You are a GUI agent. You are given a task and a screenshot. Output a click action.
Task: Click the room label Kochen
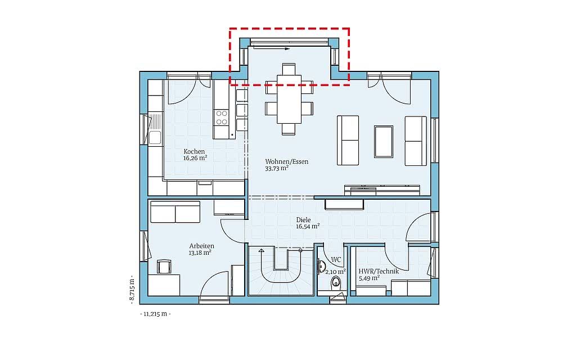(194, 152)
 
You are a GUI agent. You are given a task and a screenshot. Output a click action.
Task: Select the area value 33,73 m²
(277, 168)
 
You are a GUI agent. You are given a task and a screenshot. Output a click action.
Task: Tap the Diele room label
(304, 220)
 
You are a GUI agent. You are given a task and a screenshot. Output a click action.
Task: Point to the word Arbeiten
(201, 246)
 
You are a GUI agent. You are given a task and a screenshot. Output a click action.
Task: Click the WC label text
(336, 260)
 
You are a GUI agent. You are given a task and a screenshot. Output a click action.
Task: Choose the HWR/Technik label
(379, 271)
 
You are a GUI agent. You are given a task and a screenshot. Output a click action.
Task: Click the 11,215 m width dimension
(155, 314)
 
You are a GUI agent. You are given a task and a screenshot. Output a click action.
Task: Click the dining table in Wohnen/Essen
(289, 100)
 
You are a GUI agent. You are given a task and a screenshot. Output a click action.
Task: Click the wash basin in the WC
(321, 267)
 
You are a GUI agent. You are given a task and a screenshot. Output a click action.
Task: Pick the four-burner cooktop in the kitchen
(222, 117)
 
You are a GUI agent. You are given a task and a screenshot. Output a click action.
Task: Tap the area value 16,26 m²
(195, 159)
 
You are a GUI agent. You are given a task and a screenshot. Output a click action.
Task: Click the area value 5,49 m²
(369, 278)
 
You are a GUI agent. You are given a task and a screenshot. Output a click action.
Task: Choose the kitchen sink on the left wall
(154, 137)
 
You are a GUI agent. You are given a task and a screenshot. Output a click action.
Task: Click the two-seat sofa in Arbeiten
(174, 212)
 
